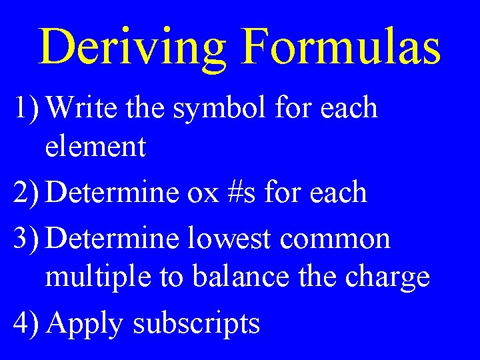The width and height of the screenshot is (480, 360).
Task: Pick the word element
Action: (95, 147)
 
